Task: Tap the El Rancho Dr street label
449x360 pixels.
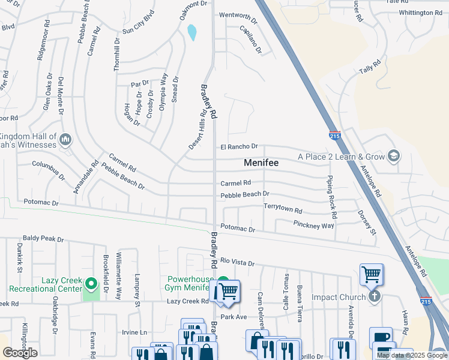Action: click(239, 146)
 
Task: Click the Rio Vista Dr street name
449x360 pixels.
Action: click(238, 262)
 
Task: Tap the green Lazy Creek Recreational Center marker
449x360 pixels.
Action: click(91, 283)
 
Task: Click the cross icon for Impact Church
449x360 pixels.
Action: click(375, 296)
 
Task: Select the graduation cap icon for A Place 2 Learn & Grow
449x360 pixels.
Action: click(394, 156)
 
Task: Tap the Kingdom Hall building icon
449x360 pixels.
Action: click(66, 140)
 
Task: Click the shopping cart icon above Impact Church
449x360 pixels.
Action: click(372, 275)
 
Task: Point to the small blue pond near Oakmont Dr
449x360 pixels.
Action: click(191, 32)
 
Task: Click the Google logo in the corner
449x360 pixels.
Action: click(20, 353)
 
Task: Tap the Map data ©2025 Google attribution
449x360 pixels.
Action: click(412, 355)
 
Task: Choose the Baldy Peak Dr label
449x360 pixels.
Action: click(43, 239)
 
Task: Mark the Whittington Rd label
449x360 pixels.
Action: click(420, 13)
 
